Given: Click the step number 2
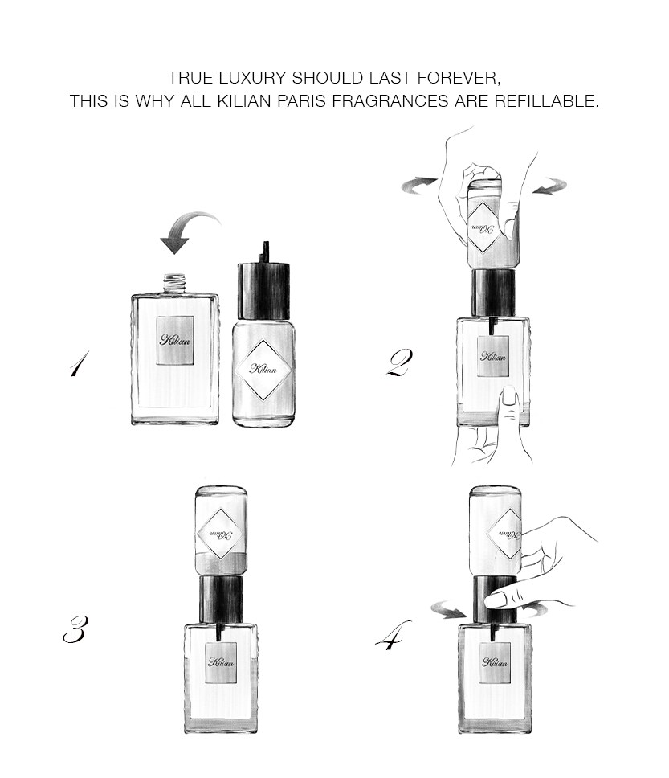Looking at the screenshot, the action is (398, 364).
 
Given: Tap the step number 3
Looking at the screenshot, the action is (75, 629).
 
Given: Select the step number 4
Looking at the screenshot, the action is (394, 636).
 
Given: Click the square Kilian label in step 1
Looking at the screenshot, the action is (175, 341).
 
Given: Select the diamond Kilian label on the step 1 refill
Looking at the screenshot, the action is (263, 369).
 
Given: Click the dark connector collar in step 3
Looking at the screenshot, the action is (221, 600).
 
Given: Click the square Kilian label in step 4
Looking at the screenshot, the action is (495, 662).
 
